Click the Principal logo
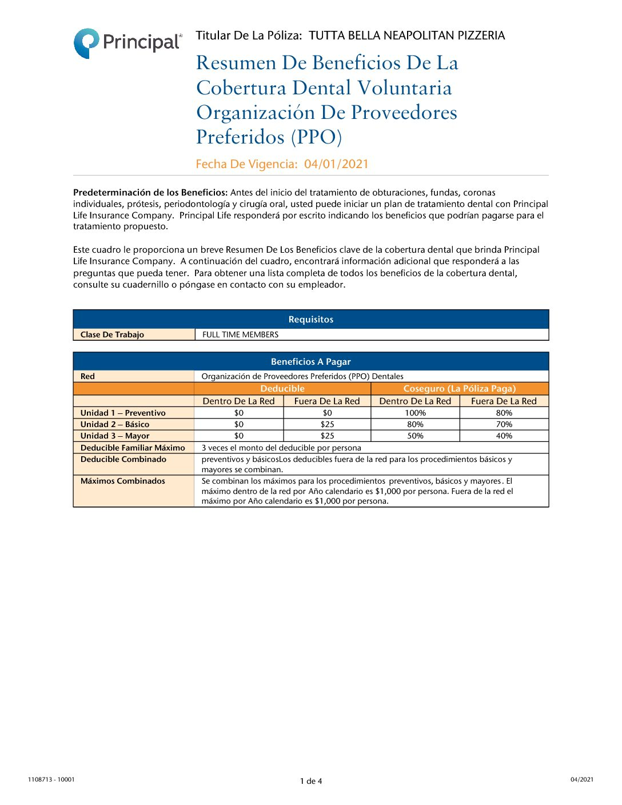point(127,43)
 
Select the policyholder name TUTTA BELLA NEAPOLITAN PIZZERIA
point(406,36)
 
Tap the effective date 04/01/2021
point(336,165)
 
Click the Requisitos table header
point(310,320)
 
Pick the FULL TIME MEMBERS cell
point(240,335)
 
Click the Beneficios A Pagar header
point(310,362)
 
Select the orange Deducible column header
point(282,389)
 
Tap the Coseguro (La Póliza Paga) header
point(459,389)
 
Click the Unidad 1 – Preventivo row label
point(123,413)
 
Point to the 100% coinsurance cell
point(415,413)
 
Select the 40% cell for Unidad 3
point(504,436)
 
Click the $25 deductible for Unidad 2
point(327,424)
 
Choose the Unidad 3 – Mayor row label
point(115,436)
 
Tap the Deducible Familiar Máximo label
point(133,448)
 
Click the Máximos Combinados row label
point(123,481)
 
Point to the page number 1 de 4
point(310,781)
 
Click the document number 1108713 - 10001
point(51,779)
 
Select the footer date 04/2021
point(581,779)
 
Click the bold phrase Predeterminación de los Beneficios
point(150,193)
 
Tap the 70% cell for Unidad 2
point(504,424)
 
